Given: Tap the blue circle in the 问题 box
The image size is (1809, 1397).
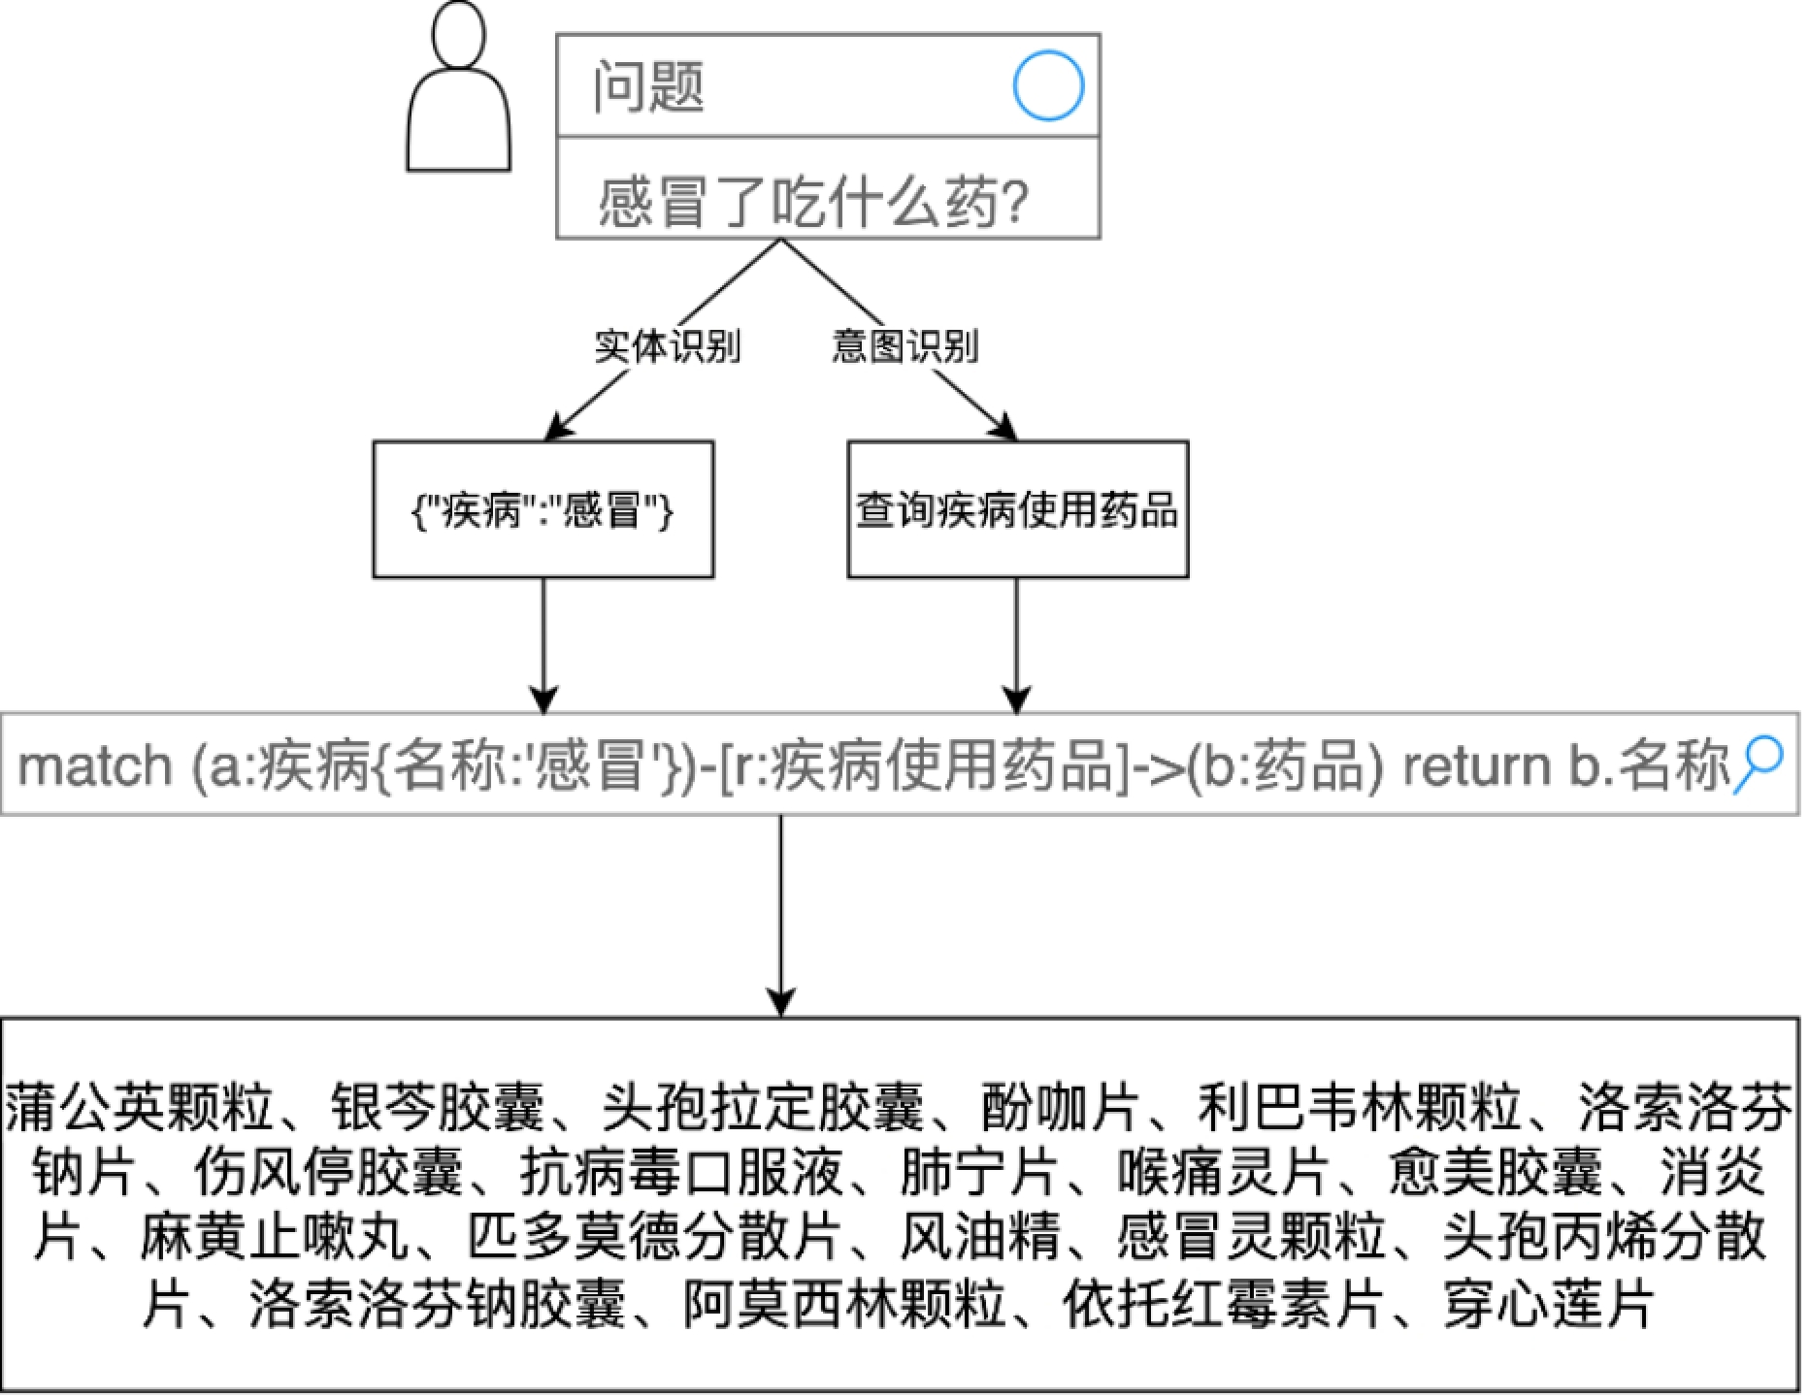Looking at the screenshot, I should click(1048, 86).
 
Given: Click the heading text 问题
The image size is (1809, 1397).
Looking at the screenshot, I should click(648, 86).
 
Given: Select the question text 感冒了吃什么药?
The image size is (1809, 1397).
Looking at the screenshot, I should click(813, 202).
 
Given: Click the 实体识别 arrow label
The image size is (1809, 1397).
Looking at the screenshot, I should click(668, 346).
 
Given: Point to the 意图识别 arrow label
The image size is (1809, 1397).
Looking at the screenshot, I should click(904, 346).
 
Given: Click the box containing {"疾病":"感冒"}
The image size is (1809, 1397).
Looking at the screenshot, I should click(543, 509).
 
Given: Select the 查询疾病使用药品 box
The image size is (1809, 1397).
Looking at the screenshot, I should click(1017, 509).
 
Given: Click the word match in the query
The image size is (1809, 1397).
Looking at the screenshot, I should click(95, 766).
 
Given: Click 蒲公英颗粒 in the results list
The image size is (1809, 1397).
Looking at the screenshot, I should click(140, 1109).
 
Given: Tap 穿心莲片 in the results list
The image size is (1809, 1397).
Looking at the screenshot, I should click(1548, 1305).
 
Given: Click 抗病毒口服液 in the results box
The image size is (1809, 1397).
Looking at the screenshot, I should click(680, 1174).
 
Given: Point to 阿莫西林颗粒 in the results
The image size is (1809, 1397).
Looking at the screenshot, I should click(844, 1305).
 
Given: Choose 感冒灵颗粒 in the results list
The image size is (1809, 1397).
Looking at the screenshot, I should click(1252, 1239).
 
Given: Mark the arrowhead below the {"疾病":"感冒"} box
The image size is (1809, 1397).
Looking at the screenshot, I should click(543, 700).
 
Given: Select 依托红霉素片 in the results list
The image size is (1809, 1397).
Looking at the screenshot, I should click(1223, 1305).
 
